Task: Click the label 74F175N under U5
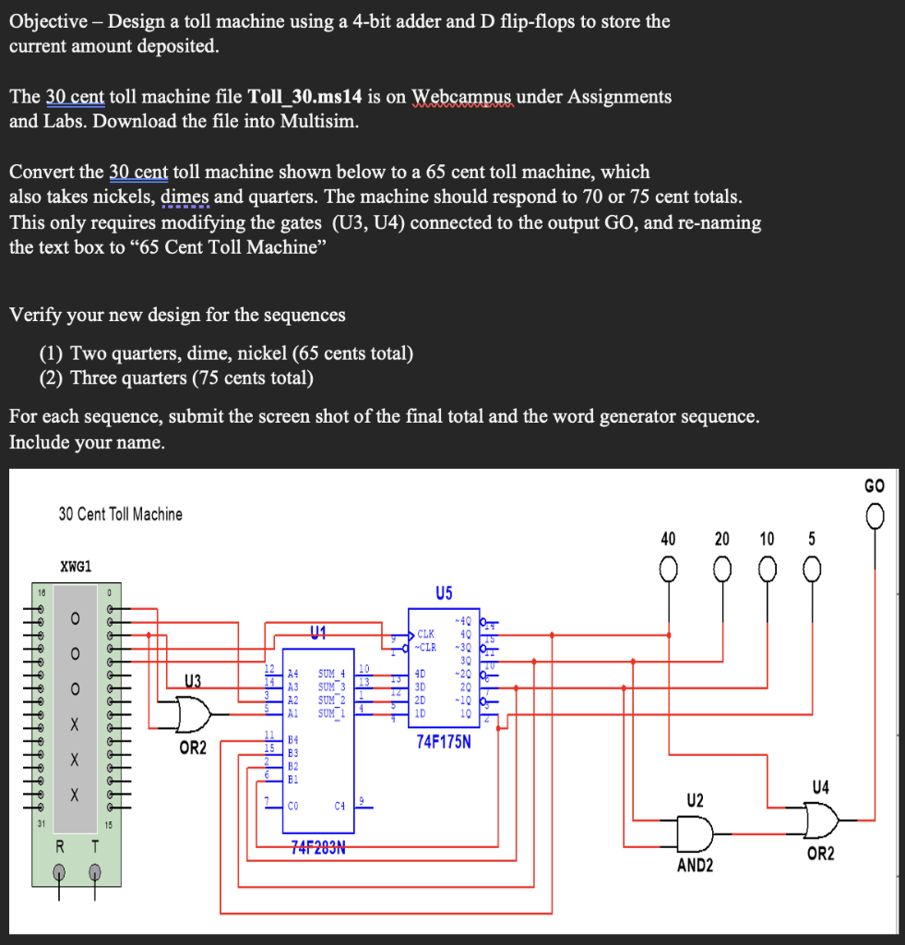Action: click(x=444, y=740)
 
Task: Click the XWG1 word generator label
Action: click(x=76, y=566)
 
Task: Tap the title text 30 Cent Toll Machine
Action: click(x=120, y=514)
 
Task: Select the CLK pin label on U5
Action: click(x=425, y=635)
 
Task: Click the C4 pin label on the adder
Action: click(x=339, y=806)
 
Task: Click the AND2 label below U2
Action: click(x=694, y=866)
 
